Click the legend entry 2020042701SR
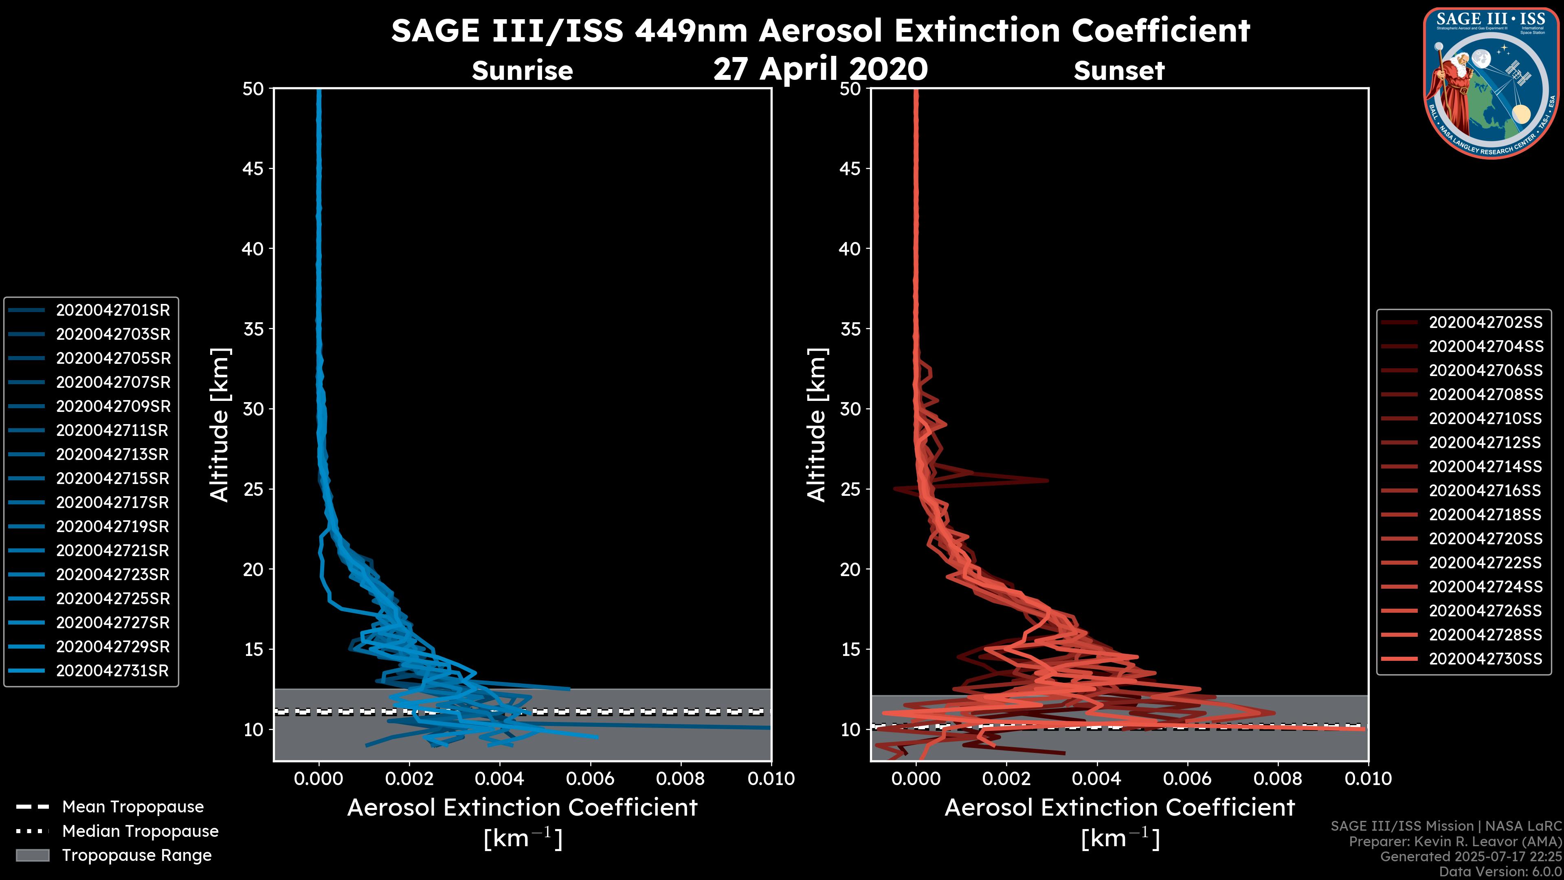click(x=113, y=310)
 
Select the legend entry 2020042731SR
click(x=113, y=671)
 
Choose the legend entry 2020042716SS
click(x=1485, y=491)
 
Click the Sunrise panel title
click(x=522, y=71)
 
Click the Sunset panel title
click(x=1119, y=71)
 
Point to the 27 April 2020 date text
click(x=820, y=68)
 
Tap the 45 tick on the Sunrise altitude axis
click(x=253, y=169)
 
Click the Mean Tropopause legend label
click(x=133, y=807)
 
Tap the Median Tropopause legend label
click(x=140, y=832)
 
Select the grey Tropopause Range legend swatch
click(x=32, y=856)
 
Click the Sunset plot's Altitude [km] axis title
click(x=817, y=425)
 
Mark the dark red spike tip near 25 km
click(x=1047, y=480)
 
